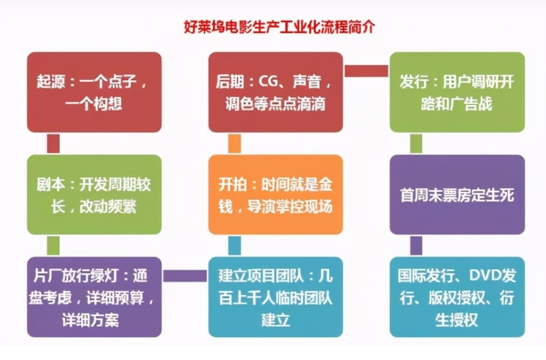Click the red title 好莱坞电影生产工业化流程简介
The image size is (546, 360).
pyautogui.click(x=279, y=27)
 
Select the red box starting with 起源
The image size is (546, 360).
pyautogui.click(x=94, y=92)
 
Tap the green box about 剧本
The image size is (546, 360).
pyautogui.click(x=94, y=195)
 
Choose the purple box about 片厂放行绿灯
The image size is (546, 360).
pyautogui.click(x=94, y=297)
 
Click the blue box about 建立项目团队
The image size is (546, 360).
pyautogui.click(x=275, y=297)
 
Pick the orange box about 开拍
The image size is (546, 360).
pyautogui.click(x=275, y=195)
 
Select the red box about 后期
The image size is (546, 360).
pyautogui.click(x=275, y=92)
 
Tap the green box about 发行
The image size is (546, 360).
pyautogui.click(x=457, y=92)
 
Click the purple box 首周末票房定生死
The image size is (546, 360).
pyautogui.click(x=457, y=195)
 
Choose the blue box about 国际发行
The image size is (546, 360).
pyautogui.click(x=457, y=297)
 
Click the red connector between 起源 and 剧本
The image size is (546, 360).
pyautogui.click(x=53, y=143)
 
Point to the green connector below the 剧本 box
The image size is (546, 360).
pyautogui.click(x=53, y=246)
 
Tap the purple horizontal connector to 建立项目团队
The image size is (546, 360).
pyautogui.click(x=185, y=276)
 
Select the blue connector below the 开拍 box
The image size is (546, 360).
pyautogui.click(x=234, y=246)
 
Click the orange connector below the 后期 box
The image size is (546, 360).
pyautogui.click(x=234, y=143)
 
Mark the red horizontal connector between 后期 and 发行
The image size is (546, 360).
pyautogui.click(x=366, y=71)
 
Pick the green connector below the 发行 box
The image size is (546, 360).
pyautogui.click(x=416, y=143)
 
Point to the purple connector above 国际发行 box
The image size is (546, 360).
pyautogui.click(x=416, y=246)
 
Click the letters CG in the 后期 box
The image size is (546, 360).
pyautogui.click(x=267, y=82)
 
